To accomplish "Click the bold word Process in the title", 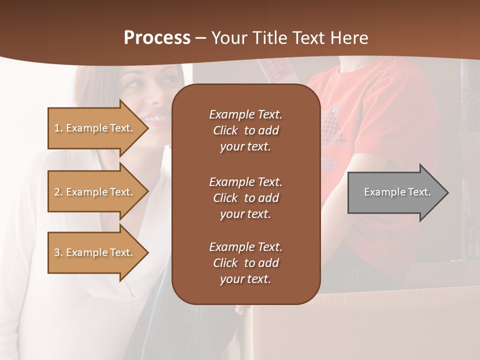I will tap(157, 38).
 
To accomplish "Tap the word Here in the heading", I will tap(349, 38).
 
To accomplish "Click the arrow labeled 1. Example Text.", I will tap(97, 128).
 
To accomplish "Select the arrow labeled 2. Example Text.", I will tap(97, 192).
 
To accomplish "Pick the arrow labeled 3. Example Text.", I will tap(97, 252).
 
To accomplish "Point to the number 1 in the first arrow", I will tap(57, 128).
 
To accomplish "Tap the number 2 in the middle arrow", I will tap(57, 192).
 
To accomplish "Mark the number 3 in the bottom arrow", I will tap(57, 252).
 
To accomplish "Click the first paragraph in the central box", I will tap(245, 130).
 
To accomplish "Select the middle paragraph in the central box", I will tap(245, 198).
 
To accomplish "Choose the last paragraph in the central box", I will tap(245, 263).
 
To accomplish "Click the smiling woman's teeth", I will tap(159, 118).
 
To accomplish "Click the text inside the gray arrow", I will tap(397, 192).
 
